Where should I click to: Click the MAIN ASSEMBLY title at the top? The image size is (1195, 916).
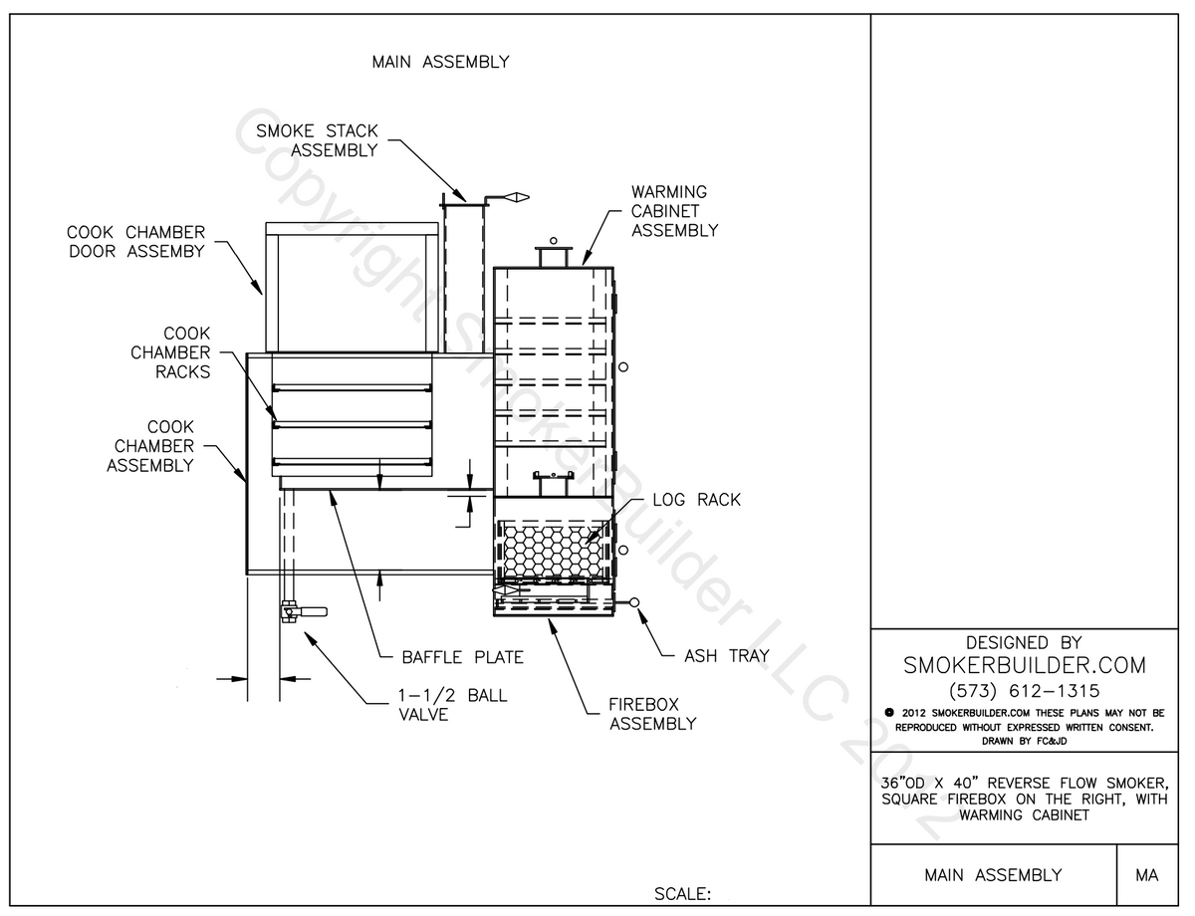pyautogui.click(x=440, y=62)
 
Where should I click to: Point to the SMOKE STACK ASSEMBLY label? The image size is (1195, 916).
pyautogui.click(x=317, y=140)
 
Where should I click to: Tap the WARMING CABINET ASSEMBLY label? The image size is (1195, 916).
pyautogui.click(x=674, y=210)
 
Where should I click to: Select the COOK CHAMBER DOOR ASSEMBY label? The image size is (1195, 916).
pyautogui.click(x=136, y=242)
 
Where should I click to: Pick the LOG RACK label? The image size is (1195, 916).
pyautogui.click(x=696, y=499)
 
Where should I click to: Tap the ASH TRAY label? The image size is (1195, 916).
pyautogui.click(x=726, y=656)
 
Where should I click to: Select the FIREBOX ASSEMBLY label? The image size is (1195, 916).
pyautogui.click(x=652, y=714)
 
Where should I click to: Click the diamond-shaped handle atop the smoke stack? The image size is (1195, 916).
pyautogui.click(x=514, y=198)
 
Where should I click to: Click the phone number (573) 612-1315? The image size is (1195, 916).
pyautogui.click(x=1024, y=690)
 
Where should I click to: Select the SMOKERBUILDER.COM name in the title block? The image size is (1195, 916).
pyautogui.click(x=1024, y=665)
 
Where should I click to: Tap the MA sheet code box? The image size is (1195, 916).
pyautogui.click(x=1145, y=875)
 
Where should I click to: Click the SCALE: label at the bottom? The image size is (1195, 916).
pyautogui.click(x=682, y=893)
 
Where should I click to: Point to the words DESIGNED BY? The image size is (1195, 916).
pyautogui.click(x=1024, y=643)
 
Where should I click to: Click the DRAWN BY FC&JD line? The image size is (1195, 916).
pyautogui.click(x=1024, y=740)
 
